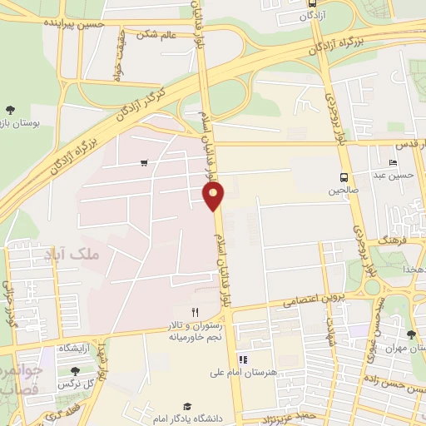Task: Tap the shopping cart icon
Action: click(146, 162)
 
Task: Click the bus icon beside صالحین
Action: click(343, 176)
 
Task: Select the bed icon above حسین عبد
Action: click(394, 161)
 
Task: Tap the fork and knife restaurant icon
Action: click(195, 312)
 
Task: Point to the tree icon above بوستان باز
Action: click(11, 109)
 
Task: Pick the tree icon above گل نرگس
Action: click(76, 371)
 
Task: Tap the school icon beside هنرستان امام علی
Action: click(244, 359)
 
